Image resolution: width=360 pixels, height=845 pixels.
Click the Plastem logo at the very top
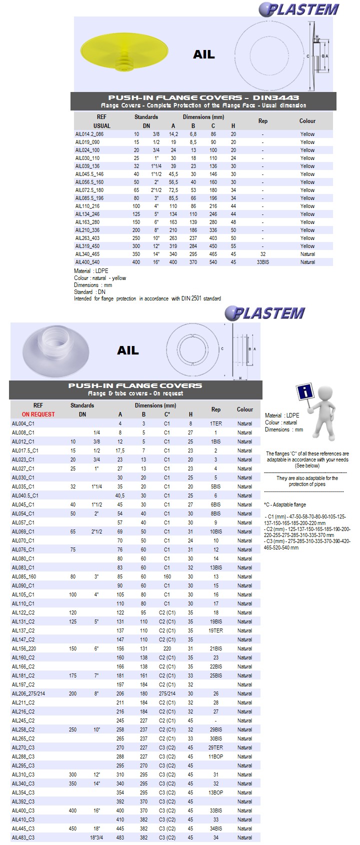pos(299,9)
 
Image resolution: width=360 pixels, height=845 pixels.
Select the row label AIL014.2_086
pos(89,134)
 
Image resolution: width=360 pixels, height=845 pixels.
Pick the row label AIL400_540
pos(87,262)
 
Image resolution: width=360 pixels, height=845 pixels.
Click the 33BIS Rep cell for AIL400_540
pos(263,262)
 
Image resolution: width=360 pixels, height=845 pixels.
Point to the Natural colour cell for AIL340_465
pos(307,254)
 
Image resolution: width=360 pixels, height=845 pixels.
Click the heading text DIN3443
pos(276,98)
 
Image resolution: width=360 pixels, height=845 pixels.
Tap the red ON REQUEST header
pos(38,414)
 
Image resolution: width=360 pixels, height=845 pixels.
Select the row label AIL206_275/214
pos(28,693)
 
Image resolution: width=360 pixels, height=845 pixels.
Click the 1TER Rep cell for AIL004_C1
pos(216,423)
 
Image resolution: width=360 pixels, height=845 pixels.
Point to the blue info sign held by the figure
pos(304,392)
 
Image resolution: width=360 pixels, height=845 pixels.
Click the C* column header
pos(167,414)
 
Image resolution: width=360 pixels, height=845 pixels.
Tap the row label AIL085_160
pos(24,576)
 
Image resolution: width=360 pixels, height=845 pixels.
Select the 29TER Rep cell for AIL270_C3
pos(216,747)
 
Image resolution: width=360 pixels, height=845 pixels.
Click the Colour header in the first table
pos(307,121)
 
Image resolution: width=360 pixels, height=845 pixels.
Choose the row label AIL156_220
pos(24,648)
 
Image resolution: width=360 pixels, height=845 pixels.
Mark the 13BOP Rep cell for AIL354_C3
pos(216,792)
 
